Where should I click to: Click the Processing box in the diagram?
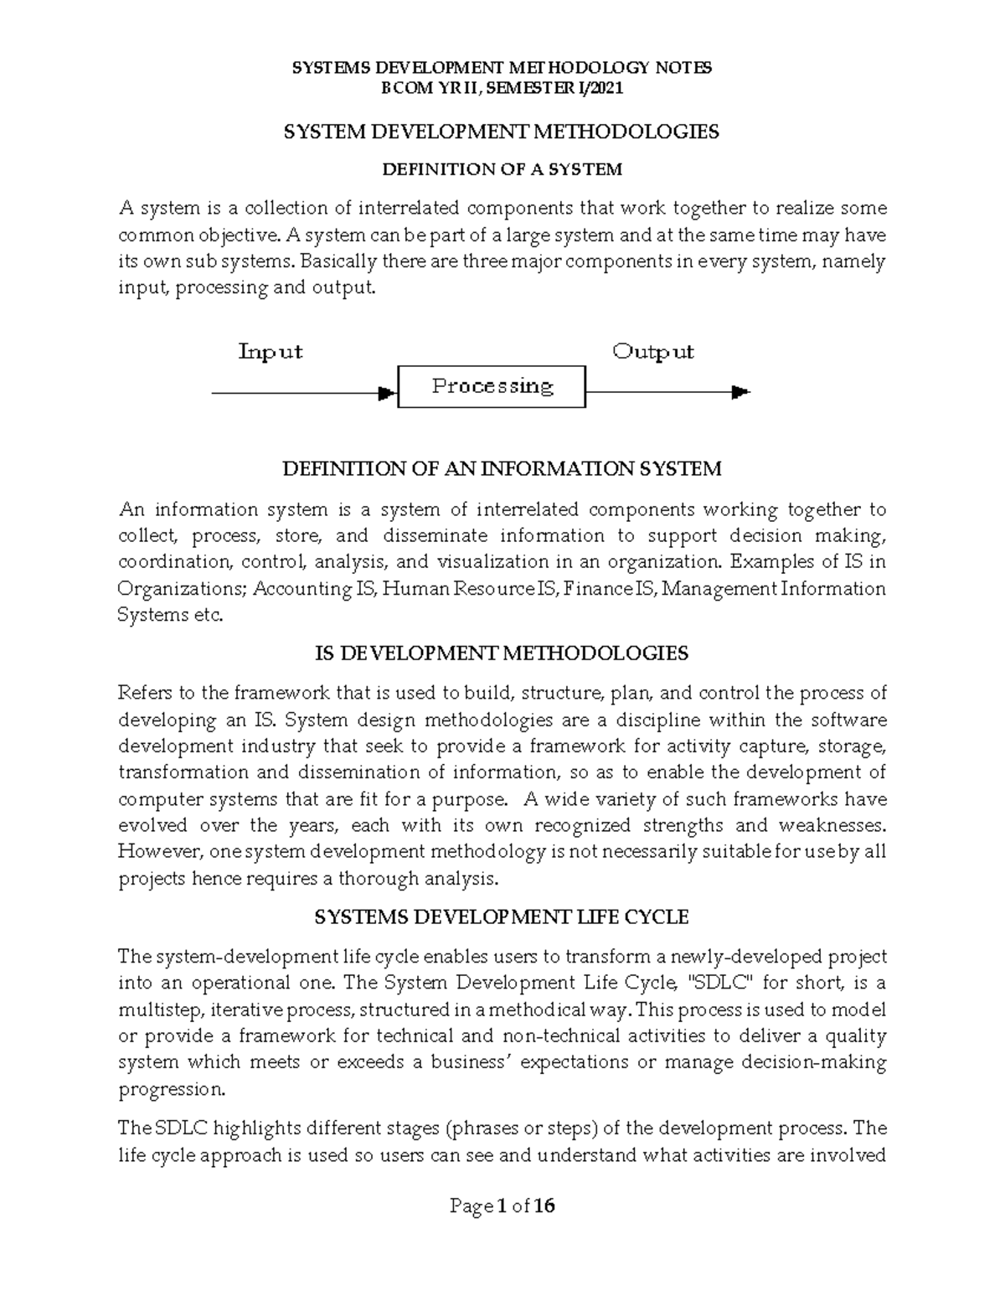pyautogui.click(x=492, y=386)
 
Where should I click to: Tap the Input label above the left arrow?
pyautogui.click(x=270, y=352)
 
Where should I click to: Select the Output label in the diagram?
pyautogui.click(x=653, y=352)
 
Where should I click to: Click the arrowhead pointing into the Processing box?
pyautogui.click(x=387, y=392)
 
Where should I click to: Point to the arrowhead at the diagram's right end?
pyautogui.click(x=740, y=391)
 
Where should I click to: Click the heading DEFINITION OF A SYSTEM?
pyautogui.click(x=502, y=170)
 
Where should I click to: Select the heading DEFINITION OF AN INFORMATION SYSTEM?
pyautogui.click(x=502, y=469)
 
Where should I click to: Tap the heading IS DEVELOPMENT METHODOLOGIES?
pyautogui.click(x=502, y=653)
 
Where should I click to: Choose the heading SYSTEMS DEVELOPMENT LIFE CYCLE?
pyautogui.click(x=502, y=917)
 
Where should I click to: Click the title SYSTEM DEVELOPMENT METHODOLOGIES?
pyautogui.click(x=502, y=132)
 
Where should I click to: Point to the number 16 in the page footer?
pyautogui.click(x=544, y=1206)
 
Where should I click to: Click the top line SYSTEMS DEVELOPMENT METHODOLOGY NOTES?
pyautogui.click(x=502, y=69)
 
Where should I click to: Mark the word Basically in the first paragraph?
pyautogui.click(x=338, y=261)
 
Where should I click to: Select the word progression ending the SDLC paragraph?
pyautogui.click(x=171, y=1089)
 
